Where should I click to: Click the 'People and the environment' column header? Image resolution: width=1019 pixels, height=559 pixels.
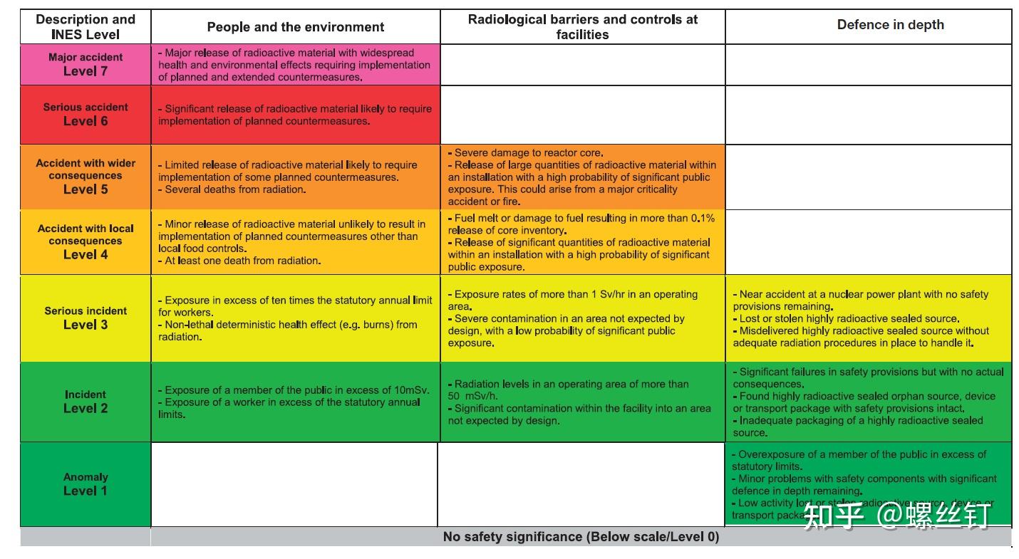tap(295, 27)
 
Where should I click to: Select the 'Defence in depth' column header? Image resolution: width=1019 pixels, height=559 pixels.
tap(890, 25)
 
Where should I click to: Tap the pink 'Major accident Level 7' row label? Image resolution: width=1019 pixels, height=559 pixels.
tap(86, 64)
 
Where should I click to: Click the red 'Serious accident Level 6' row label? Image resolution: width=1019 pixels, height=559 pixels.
tap(86, 114)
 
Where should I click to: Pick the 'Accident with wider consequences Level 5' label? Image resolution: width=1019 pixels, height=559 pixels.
tap(86, 176)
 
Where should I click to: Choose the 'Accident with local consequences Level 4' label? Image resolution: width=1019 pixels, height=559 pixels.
tap(86, 241)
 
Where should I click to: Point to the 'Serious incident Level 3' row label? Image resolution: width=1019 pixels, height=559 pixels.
tap(86, 318)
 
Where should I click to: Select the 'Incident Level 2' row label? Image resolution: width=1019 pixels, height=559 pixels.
tap(86, 402)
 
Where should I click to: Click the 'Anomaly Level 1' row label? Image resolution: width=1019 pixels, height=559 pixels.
tap(86, 484)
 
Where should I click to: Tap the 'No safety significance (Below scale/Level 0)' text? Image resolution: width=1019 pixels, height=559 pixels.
tap(581, 537)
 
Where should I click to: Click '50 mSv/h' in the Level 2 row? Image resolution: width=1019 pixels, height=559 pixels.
tap(473, 397)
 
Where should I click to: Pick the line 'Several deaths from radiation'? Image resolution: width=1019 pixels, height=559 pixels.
tap(234, 189)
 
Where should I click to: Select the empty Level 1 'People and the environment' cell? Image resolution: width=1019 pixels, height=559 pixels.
tap(294, 484)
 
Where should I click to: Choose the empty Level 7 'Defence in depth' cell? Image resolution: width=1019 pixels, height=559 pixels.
tap(868, 64)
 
